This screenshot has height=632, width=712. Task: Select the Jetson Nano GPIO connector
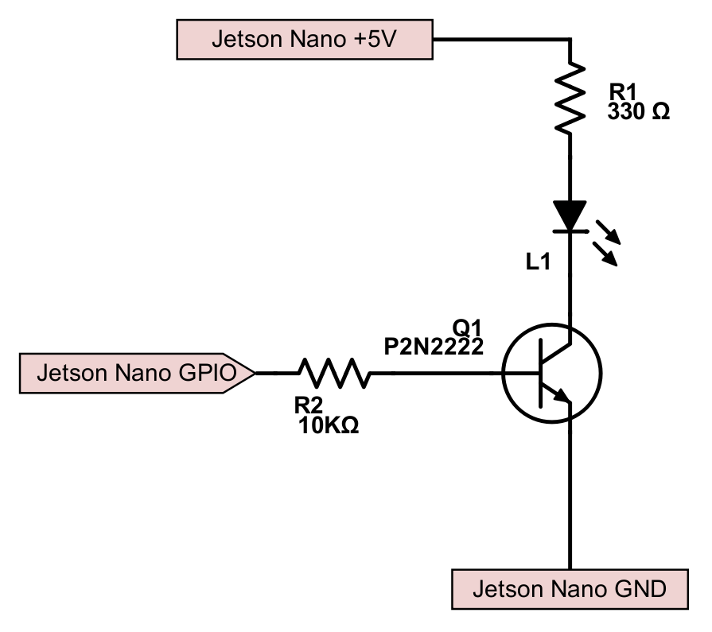click(135, 373)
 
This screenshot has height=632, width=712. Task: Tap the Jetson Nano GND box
click(570, 590)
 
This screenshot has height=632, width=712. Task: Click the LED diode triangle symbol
click(570, 215)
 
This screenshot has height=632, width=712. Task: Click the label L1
click(538, 263)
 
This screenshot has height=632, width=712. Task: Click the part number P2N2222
click(434, 347)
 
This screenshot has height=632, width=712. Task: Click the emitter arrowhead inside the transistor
click(562, 395)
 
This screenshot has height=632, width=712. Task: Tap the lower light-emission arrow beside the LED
click(607, 255)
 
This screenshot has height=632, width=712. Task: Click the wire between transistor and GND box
click(570, 493)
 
